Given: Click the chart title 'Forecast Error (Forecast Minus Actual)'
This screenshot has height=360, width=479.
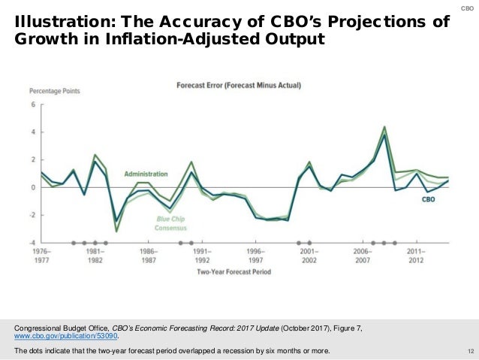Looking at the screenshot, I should point(238,86).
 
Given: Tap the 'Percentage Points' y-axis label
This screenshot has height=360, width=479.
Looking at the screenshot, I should point(55,91).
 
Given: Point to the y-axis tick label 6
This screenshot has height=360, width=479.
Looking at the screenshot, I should point(33,104).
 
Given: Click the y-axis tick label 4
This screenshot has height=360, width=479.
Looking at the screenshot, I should point(33,132).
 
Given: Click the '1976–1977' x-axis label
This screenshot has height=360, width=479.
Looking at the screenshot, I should point(41,256).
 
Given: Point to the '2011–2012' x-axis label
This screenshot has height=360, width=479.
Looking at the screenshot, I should point(417,256).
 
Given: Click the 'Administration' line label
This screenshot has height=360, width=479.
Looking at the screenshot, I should point(146,174).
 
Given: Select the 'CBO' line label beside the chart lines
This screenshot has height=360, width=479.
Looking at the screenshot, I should point(428,200).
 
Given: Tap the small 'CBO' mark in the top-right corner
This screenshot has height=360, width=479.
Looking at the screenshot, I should point(467,8).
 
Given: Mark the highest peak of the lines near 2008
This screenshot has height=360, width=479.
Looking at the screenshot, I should point(384,128).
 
